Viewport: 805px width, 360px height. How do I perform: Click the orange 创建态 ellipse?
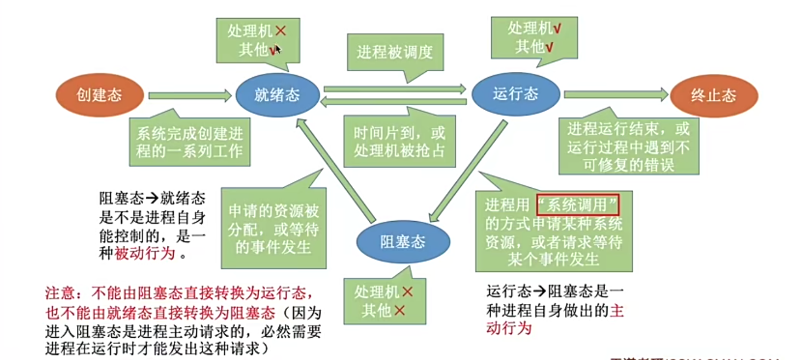point(99,95)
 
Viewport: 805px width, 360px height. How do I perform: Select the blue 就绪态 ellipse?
point(277,95)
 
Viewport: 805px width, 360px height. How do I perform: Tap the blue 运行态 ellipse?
point(515,94)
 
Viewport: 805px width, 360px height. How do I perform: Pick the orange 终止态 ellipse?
point(714,95)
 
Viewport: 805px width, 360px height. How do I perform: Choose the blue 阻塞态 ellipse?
point(403,242)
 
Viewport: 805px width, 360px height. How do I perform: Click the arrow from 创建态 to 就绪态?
point(189,95)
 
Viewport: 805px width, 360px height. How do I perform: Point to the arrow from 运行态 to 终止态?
point(615,95)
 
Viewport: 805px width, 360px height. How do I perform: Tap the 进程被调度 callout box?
point(395,52)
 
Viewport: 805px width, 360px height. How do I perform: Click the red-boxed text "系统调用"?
point(577,205)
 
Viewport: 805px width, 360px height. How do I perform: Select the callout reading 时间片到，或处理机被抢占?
point(399,142)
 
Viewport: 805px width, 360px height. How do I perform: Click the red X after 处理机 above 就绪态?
point(281,31)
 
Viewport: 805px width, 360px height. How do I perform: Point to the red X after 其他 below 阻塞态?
point(400,310)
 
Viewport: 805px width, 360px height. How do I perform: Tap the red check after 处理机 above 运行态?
point(557,29)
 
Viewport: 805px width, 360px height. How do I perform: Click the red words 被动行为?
point(145,253)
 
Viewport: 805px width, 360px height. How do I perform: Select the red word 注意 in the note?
point(60,293)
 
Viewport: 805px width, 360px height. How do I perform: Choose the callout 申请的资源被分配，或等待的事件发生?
point(273,229)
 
